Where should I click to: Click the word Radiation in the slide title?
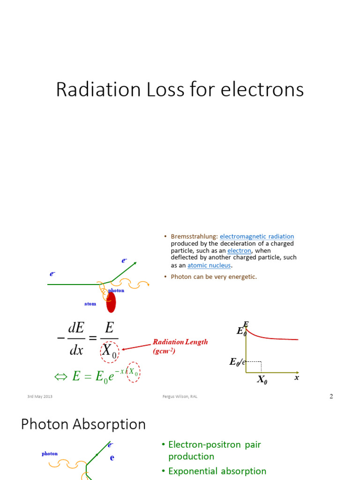[x=89, y=90]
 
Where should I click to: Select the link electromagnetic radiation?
[x=257, y=237]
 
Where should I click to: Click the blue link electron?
[x=239, y=251]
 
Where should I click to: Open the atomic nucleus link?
[x=209, y=265]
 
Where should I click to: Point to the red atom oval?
[x=111, y=302]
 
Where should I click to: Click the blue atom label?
[x=90, y=304]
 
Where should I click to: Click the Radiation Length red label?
[x=180, y=342]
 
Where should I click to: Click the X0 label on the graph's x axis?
[x=262, y=380]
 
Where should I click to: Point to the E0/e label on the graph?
[x=237, y=361]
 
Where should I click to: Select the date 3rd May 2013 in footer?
[x=40, y=397]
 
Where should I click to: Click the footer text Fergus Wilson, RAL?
[x=177, y=397]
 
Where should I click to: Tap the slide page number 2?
[x=331, y=397]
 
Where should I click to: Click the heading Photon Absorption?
[x=83, y=424]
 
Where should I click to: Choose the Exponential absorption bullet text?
[x=217, y=471]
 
